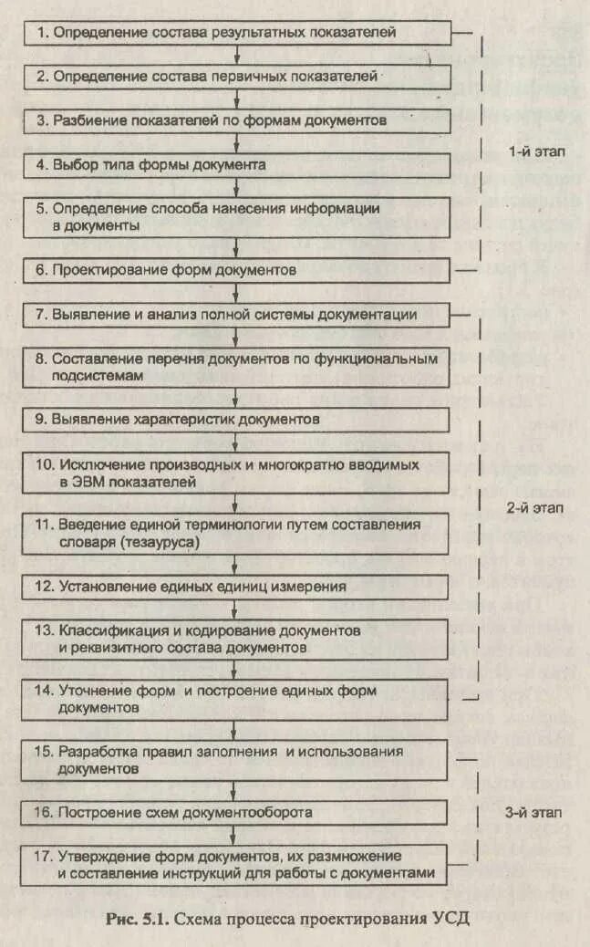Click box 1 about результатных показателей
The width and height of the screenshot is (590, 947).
237,33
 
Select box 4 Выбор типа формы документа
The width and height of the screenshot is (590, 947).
237,165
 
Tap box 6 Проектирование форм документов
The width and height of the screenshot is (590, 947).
237,270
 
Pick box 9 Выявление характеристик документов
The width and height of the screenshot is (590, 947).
237,420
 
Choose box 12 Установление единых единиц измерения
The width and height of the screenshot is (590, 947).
237,587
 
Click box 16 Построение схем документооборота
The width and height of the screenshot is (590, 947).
237,811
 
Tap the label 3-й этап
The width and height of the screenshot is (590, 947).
535,811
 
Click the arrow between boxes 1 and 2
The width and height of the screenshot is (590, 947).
237,55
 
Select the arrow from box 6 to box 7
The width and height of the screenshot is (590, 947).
237,292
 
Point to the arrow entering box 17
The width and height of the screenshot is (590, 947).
237,834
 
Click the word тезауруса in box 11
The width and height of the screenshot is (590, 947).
161,542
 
